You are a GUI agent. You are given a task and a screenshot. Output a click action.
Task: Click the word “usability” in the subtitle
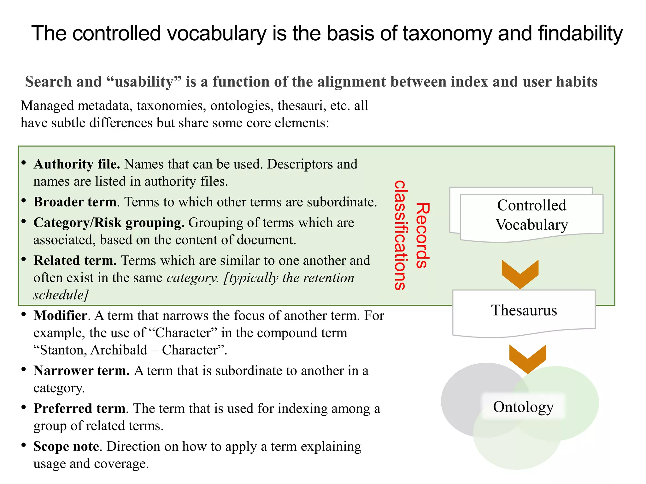pyautogui.click(x=144, y=82)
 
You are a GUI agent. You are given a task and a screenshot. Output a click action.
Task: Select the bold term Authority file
pyautogui.click(x=77, y=164)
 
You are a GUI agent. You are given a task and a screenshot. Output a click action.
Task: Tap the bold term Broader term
pyautogui.click(x=75, y=202)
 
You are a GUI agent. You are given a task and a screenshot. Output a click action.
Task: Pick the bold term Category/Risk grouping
pyautogui.click(x=109, y=223)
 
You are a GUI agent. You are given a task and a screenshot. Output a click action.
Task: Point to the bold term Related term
pyautogui.click(x=75, y=261)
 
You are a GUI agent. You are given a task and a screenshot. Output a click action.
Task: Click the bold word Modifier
pyautogui.click(x=60, y=315)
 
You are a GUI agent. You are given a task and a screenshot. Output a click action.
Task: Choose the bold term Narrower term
pyautogui.click(x=81, y=371)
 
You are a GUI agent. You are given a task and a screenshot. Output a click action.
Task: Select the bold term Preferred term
pyautogui.click(x=79, y=408)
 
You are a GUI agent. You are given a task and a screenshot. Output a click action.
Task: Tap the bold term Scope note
pyautogui.click(x=66, y=447)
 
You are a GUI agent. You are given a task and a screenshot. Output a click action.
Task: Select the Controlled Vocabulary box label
pyautogui.click(x=531, y=215)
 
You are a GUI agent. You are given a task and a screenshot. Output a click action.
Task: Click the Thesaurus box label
pyautogui.click(x=524, y=310)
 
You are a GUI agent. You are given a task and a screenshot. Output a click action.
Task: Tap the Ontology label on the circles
pyautogui.click(x=523, y=407)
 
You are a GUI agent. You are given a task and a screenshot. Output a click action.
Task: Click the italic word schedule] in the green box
pyautogui.click(x=61, y=295)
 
